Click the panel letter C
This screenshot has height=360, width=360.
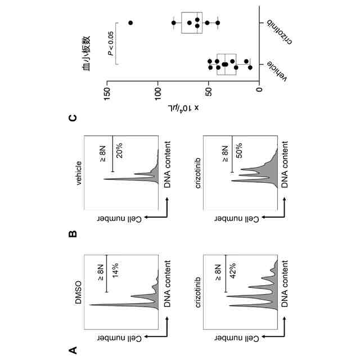(x=72, y=118)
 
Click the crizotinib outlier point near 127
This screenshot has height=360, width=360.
(x=130, y=22)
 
